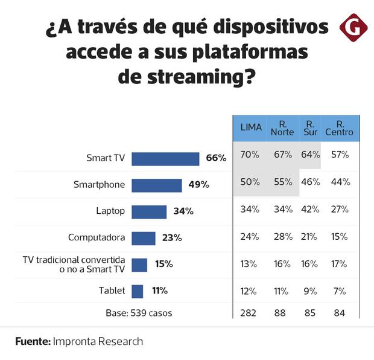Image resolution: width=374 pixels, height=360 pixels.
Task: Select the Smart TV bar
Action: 165,159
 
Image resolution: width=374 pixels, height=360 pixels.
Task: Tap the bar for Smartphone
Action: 157,185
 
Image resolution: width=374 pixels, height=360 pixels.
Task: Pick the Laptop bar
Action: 149,211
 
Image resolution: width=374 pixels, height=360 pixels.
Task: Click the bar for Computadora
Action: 144,238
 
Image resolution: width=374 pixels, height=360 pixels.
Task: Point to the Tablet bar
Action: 138,291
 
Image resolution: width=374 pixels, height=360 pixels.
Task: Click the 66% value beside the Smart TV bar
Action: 215,158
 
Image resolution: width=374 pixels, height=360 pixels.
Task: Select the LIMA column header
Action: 251,127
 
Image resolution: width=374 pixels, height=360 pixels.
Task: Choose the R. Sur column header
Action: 309,127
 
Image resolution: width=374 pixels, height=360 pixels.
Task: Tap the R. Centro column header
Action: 340,127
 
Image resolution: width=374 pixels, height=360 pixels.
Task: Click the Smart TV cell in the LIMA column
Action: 250,155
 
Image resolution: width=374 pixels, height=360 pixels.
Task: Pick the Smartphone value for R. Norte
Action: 282,182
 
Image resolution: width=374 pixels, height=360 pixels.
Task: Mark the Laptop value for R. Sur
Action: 309,210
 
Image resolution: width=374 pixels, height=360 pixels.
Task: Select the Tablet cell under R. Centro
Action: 340,291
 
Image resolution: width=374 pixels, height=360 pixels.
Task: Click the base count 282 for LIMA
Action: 249,313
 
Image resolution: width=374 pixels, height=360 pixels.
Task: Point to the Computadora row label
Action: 97,238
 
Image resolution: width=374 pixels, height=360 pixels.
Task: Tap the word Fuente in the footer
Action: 33,341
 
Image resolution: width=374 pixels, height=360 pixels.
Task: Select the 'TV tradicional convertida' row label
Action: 73,260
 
